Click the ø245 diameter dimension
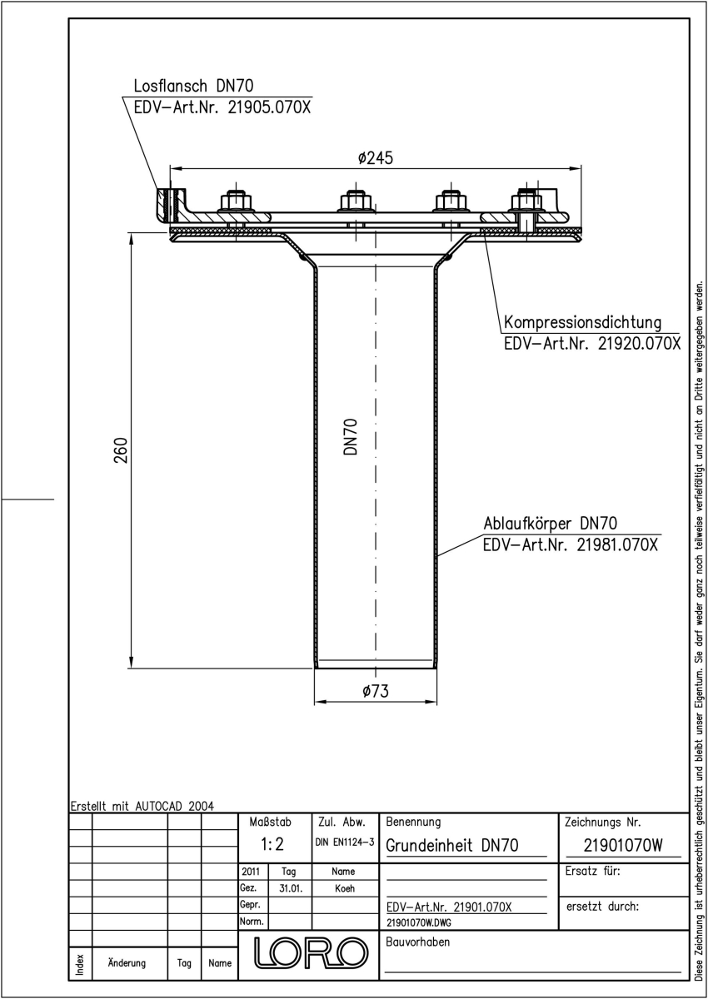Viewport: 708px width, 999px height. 375,158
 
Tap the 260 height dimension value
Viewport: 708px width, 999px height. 121,450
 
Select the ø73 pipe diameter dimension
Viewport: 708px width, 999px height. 376,691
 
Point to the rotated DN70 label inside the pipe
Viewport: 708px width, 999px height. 351,436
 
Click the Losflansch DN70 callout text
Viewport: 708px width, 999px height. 193,85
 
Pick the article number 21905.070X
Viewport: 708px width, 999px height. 269,107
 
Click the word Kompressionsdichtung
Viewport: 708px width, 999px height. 582,323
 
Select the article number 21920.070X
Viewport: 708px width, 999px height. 640,343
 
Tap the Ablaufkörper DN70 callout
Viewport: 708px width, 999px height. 551,524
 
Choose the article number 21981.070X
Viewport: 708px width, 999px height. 617,544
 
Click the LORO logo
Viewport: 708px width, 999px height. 311,953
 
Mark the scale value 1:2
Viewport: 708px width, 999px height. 272,844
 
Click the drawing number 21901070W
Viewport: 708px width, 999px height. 623,845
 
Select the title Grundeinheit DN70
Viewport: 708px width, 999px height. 452,845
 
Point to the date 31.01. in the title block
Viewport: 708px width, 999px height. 291,888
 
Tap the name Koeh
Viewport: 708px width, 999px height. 345,888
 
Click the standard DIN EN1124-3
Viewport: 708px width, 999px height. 345,842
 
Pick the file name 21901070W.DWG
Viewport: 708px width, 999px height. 419,922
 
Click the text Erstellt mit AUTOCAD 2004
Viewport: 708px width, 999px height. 142,806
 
